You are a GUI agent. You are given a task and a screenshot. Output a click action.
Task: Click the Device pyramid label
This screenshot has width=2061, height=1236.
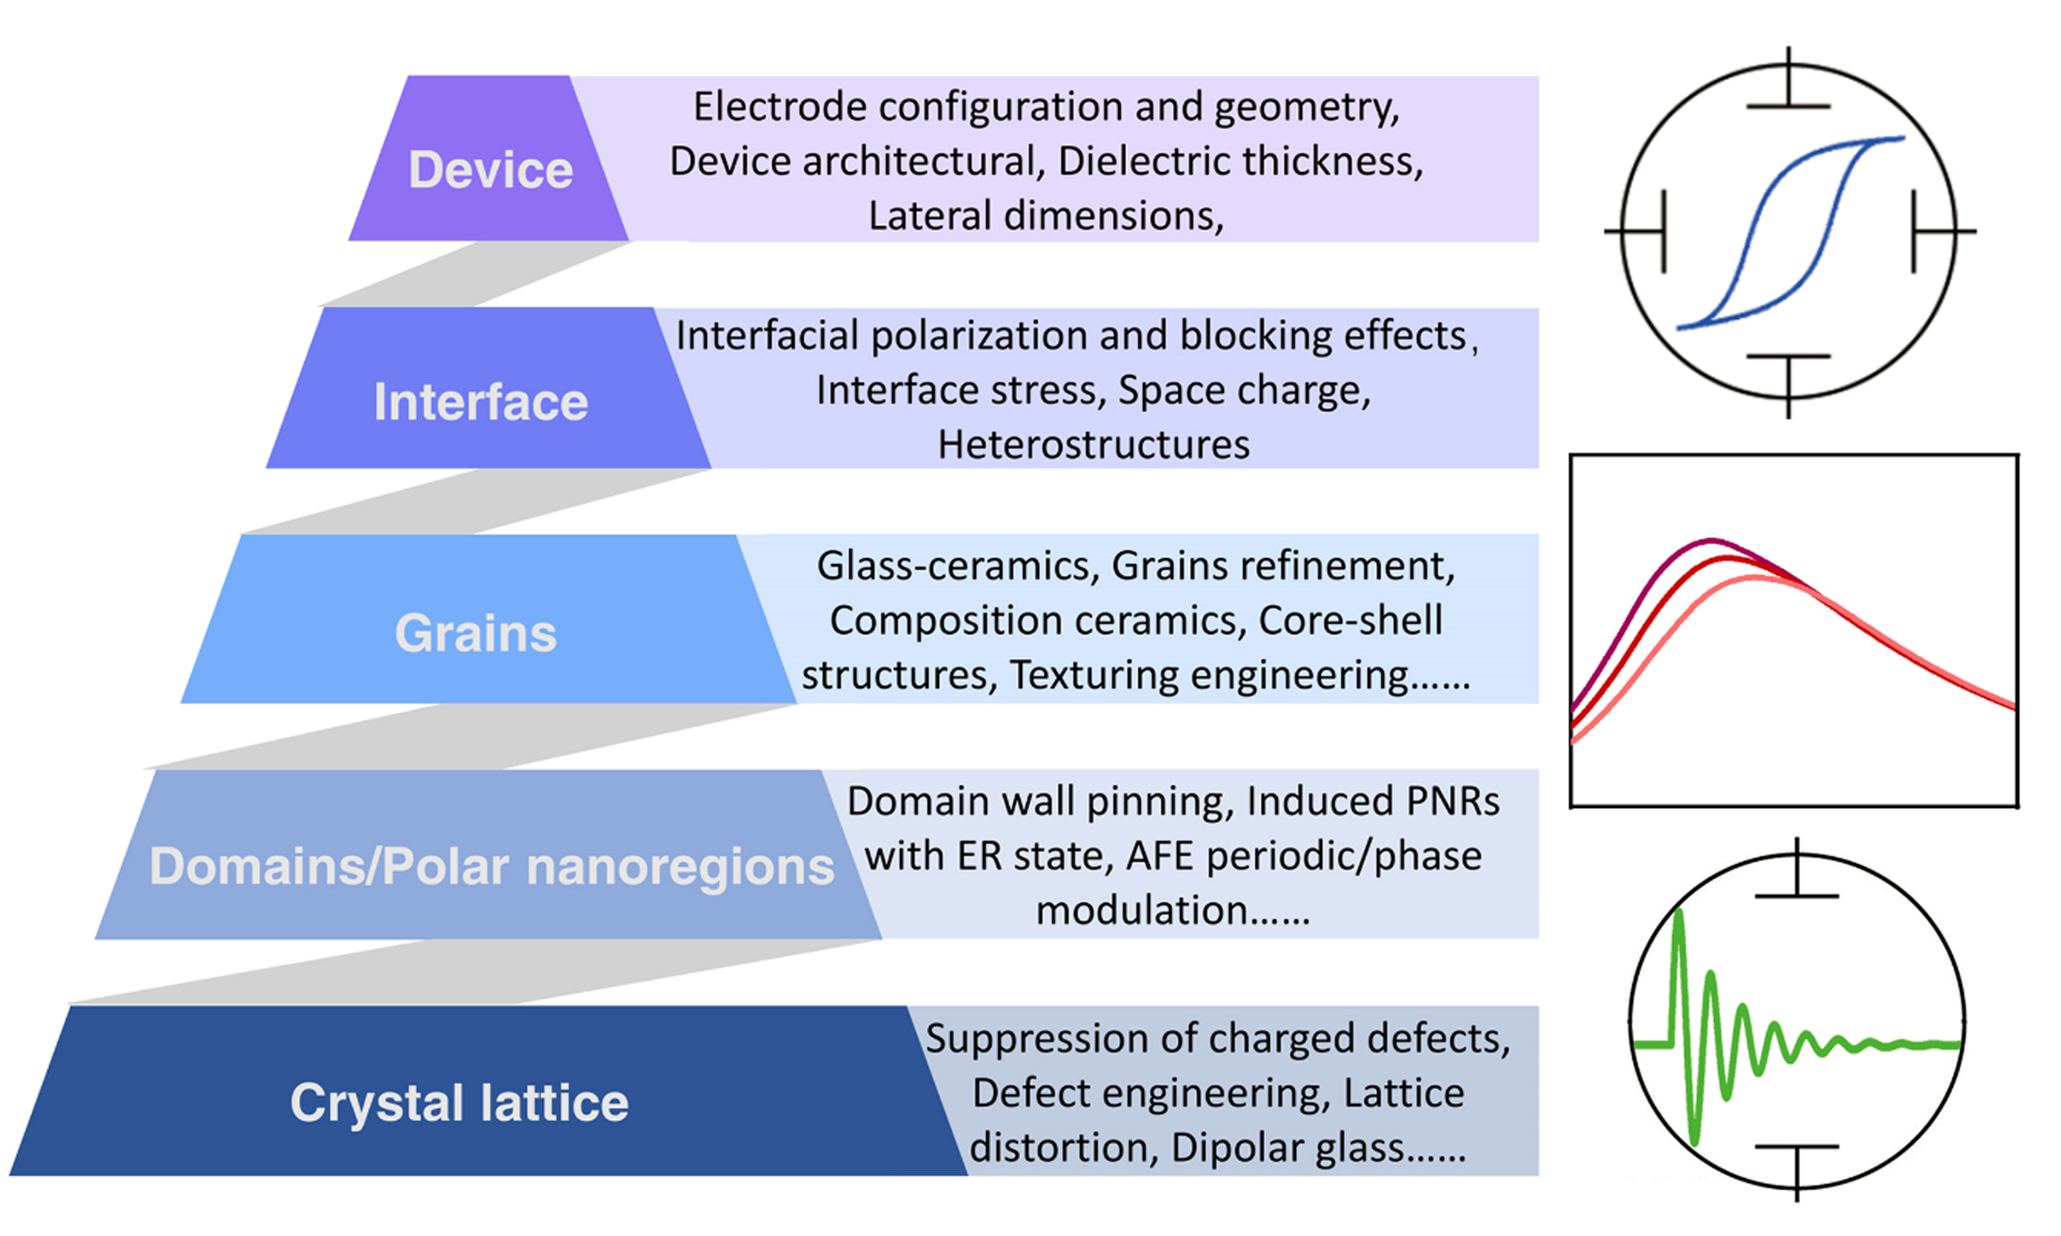(x=489, y=170)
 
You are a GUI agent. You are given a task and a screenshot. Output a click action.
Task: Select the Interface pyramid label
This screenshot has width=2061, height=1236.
(x=481, y=402)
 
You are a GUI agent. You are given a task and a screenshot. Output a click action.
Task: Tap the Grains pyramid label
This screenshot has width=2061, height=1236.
(x=475, y=634)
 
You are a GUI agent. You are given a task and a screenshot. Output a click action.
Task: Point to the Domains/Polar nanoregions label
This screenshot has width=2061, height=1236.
(x=492, y=866)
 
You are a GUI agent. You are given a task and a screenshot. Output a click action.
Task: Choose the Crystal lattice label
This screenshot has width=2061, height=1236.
(x=459, y=1102)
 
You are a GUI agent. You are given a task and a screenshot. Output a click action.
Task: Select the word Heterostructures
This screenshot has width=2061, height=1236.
(x=1093, y=444)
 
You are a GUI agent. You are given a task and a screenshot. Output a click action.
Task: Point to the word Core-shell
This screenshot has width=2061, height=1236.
(x=1349, y=620)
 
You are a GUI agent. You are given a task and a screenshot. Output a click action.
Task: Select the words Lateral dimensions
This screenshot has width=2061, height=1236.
(x=1046, y=216)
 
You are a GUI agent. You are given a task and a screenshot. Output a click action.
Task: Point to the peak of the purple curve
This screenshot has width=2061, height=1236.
(x=1711, y=542)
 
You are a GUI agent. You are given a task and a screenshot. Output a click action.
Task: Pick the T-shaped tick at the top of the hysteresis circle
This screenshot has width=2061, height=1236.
(x=1788, y=92)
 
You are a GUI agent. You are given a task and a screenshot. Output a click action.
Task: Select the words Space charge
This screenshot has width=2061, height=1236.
(x=1243, y=389)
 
